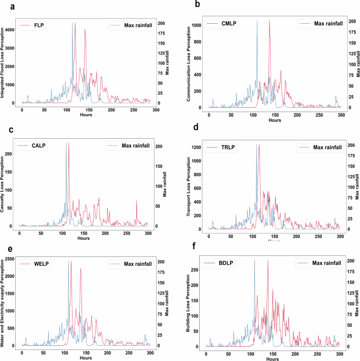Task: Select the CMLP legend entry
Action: click(221, 24)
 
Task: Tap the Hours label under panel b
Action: click(274, 120)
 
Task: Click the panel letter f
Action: click(196, 245)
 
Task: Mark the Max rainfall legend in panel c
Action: click(127, 146)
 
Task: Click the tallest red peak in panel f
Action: click(268, 261)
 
